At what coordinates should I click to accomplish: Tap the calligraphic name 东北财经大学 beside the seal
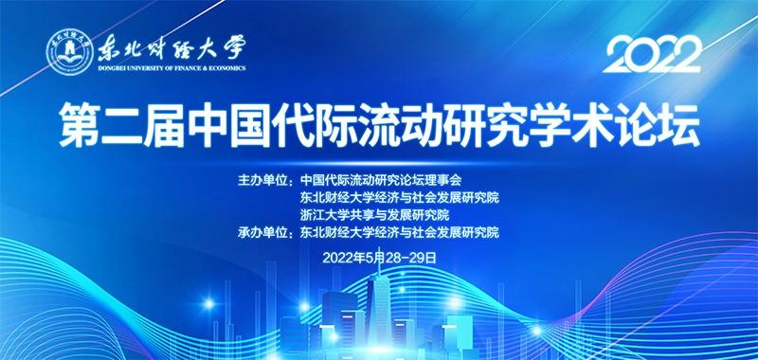point(168,45)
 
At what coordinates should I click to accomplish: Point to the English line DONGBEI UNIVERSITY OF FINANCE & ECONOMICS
point(171,68)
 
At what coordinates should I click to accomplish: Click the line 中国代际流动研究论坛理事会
point(380,179)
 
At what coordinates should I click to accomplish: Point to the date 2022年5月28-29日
point(380,257)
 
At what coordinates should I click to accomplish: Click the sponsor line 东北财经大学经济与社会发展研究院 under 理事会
point(399,197)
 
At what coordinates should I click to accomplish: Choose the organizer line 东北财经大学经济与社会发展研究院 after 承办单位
point(399,232)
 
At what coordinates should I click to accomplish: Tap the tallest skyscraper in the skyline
point(379,303)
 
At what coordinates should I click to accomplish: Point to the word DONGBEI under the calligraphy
point(112,68)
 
